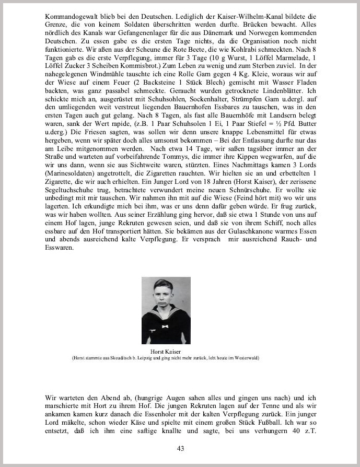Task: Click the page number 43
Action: coord(180,448)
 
